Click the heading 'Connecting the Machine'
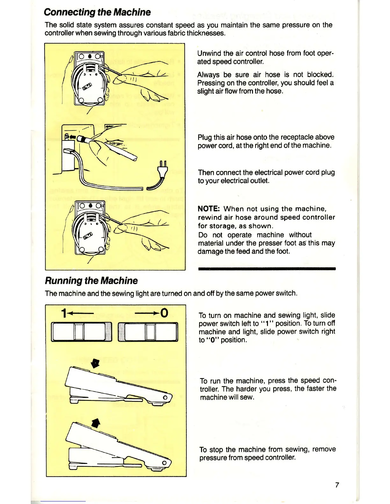97,12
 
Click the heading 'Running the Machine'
91,281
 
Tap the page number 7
337,485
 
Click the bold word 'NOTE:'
209,209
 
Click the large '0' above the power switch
164,313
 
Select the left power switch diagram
82,332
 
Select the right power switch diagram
148,332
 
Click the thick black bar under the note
267,269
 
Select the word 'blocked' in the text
320,74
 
